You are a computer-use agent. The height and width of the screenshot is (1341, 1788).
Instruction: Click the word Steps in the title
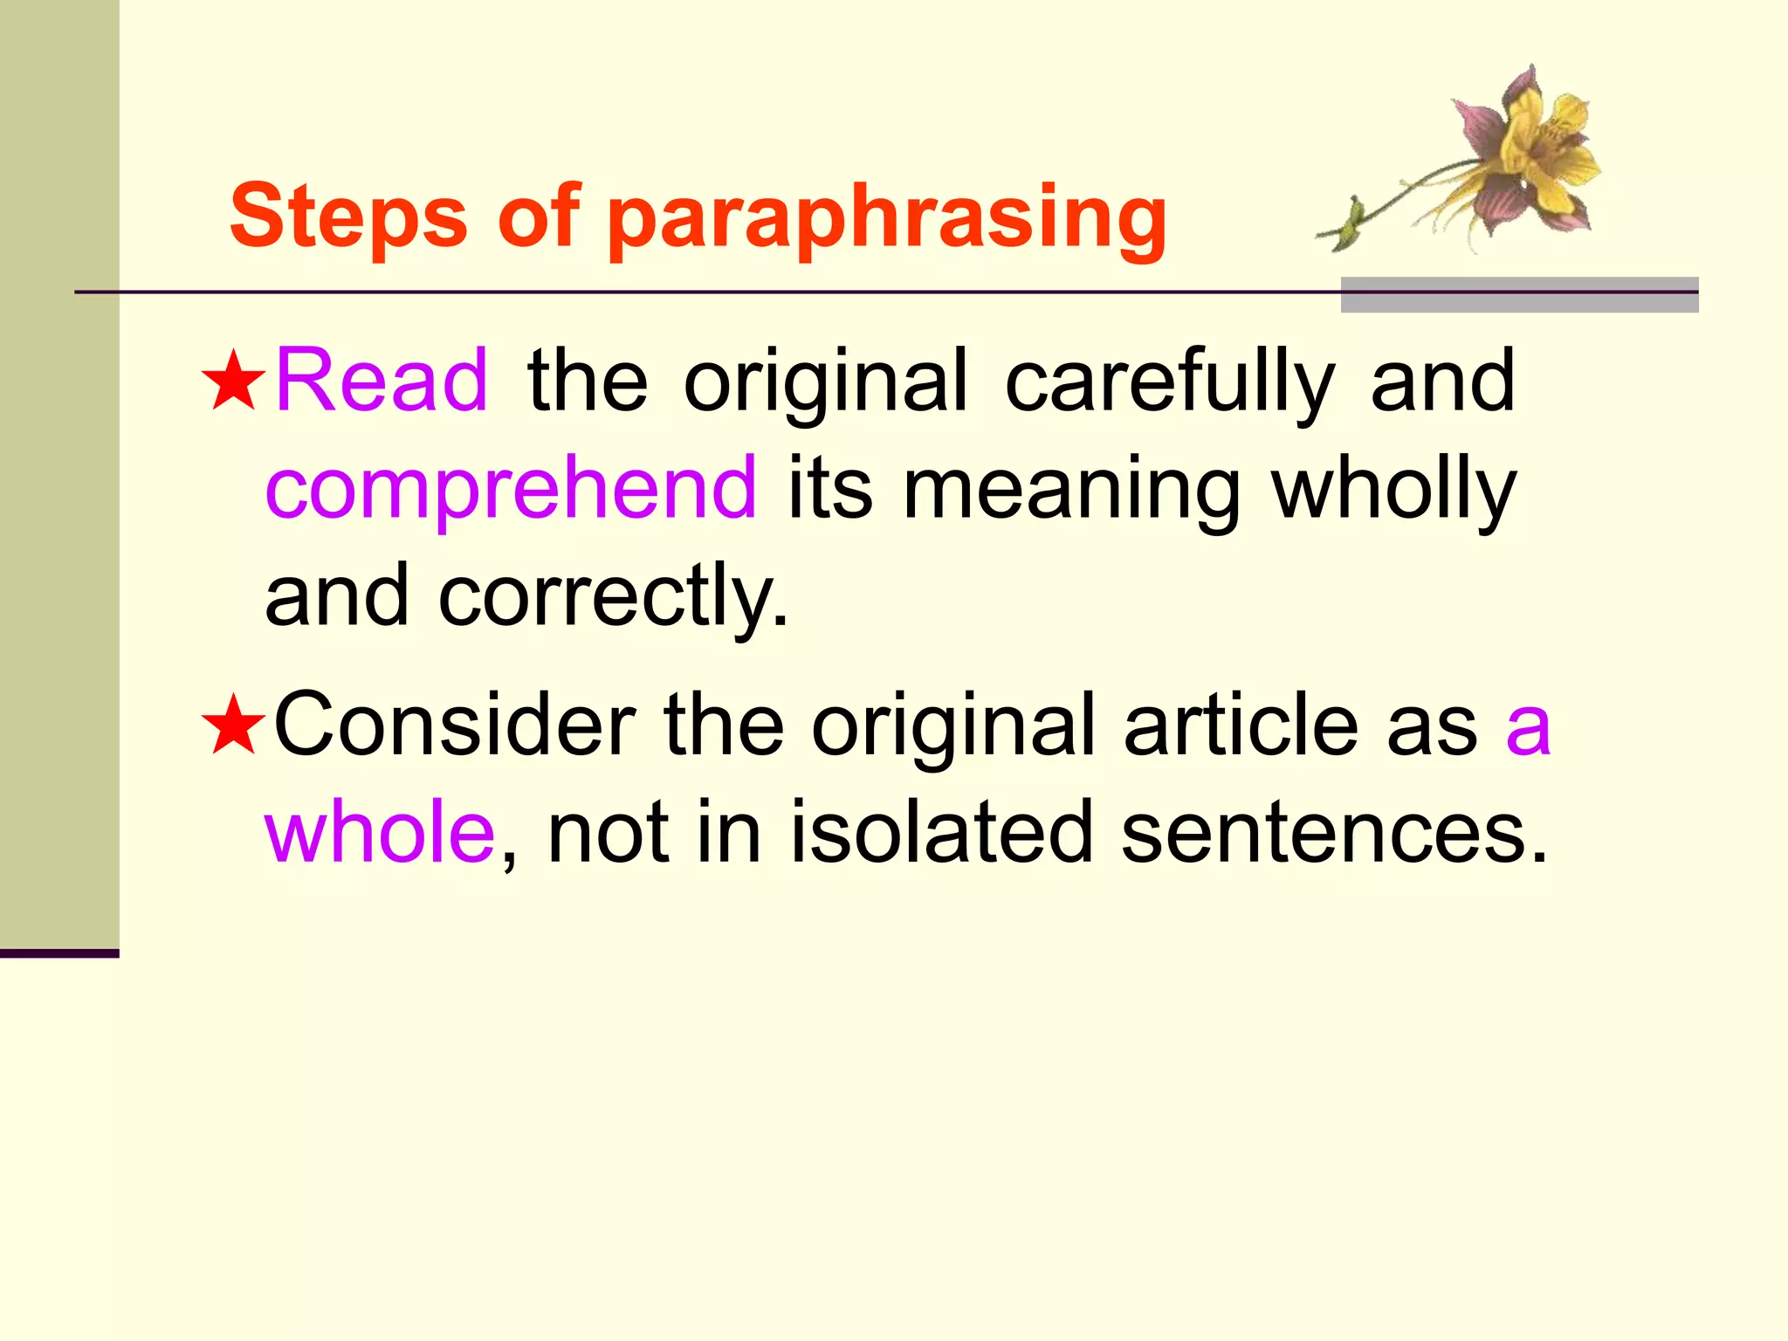pos(348,217)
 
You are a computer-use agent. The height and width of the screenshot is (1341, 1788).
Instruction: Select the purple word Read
pos(382,381)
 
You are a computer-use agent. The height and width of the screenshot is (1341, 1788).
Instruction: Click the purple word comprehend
pos(511,489)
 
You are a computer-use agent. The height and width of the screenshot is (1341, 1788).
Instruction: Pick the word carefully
pos(1170,382)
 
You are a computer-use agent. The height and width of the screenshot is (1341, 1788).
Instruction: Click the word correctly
pos(613,596)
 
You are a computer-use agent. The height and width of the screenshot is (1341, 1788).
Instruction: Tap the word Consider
pos(455,725)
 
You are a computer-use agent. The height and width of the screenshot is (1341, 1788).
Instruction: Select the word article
pos(1240,725)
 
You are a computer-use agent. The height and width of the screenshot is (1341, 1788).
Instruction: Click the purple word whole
pos(381,832)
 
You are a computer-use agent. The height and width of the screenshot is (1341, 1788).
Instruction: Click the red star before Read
pos(232,382)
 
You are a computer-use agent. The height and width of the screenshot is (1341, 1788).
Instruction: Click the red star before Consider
pos(232,726)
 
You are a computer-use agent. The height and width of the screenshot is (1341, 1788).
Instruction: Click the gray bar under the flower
pos(1519,295)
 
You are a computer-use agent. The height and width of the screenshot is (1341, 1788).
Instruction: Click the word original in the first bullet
pos(825,382)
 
